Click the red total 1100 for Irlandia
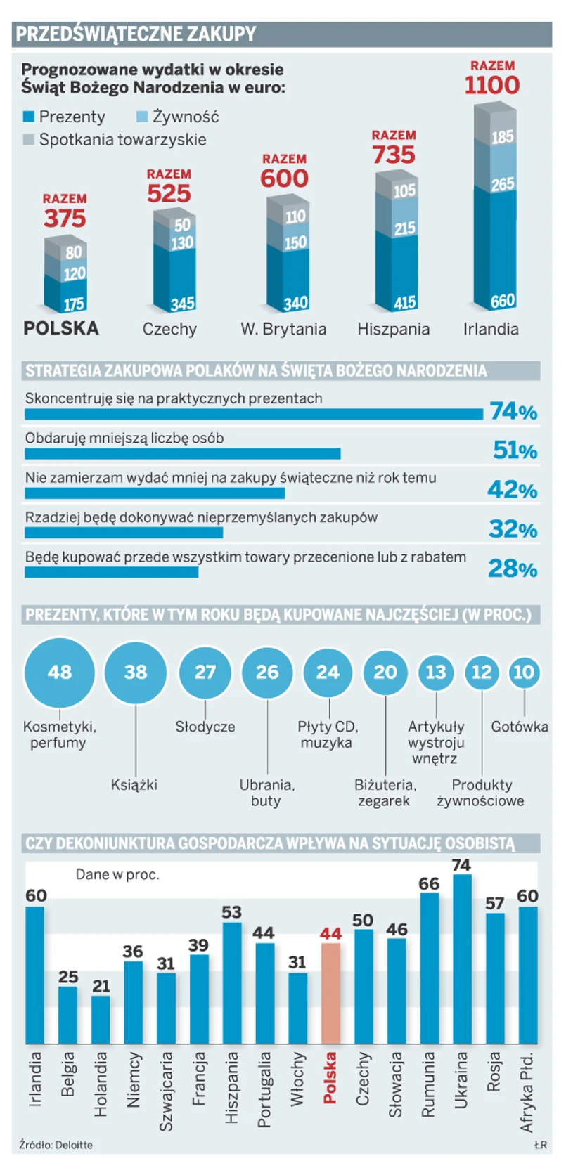pos(491,85)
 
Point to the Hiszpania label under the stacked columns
pos(393,329)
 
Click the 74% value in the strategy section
pos(513,411)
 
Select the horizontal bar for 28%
pos(111,572)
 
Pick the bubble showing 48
pos(59,672)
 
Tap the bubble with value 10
pos(523,672)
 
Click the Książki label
pos(134,784)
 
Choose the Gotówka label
pos(520,727)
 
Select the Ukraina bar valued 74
pos(462,959)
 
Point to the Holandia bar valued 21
pos(101,1019)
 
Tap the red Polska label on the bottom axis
pos(330,1077)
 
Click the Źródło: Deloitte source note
pos(56,1145)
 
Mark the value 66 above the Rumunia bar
pos(429,884)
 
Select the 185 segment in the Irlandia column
pos(502,136)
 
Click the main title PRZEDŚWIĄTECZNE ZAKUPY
pos(136,34)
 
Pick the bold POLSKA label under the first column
pos(61,328)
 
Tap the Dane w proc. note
pos(117,874)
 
